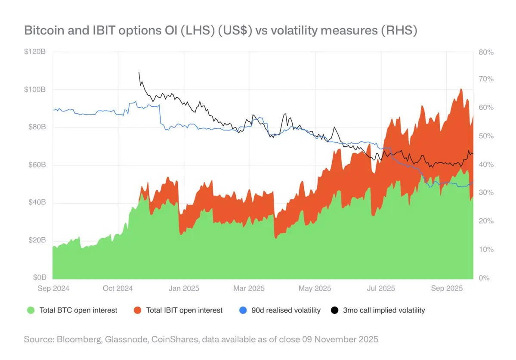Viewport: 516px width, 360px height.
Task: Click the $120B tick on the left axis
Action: point(36,52)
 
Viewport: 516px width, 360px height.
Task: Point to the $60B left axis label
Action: point(37,165)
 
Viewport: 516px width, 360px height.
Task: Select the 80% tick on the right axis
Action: point(486,52)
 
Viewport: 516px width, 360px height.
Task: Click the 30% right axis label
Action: point(486,193)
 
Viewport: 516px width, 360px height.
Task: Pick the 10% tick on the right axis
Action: point(486,250)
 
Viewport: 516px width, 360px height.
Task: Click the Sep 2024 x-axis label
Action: point(53,288)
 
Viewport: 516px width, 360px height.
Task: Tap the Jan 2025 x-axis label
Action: point(184,288)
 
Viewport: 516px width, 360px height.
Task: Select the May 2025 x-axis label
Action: point(315,288)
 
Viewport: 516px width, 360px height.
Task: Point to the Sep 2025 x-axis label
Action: point(447,288)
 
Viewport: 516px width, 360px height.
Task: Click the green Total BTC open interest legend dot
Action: point(30,310)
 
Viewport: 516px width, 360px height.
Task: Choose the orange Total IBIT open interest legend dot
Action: point(137,310)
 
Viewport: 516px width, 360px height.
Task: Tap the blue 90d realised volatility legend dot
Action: point(242,310)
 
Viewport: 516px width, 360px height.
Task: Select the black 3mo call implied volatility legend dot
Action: point(334,310)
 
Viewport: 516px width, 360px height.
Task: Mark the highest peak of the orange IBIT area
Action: point(461,89)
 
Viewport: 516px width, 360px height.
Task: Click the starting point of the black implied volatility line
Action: point(139,72)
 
